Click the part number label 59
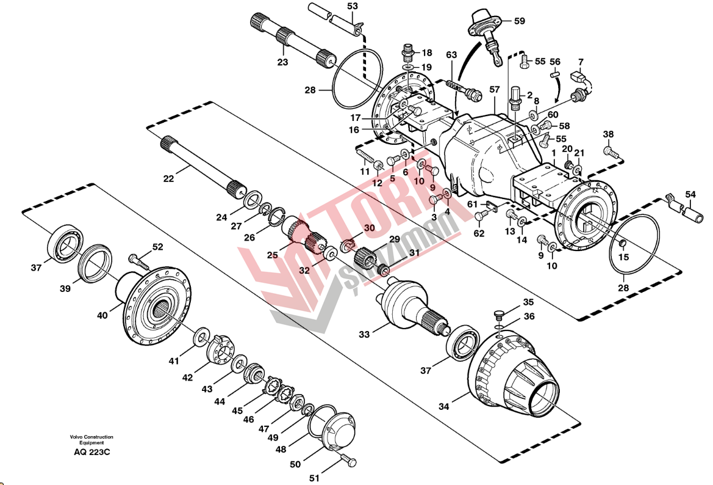coord(519,21)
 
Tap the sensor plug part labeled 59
coord(484,31)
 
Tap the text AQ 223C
coord(91,452)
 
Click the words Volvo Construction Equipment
coord(91,440)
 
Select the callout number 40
coord(102,315)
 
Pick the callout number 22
coord(168,178)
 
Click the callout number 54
coord(690,194)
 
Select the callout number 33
coord(364,334)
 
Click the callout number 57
coord(494,90)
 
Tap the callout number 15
coord(623,258)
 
